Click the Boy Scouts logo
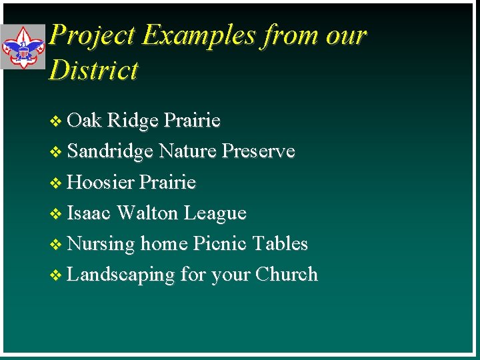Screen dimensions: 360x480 tap(23, 47)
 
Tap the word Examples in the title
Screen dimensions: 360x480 tap(198, 35)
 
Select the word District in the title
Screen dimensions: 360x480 tap(93, 70)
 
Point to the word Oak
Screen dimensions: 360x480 tap(85, 121)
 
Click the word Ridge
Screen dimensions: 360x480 tap(133, 121)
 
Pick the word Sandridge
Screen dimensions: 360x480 tap(111, 152)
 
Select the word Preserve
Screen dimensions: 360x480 tap(259, 151)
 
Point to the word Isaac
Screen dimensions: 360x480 tap(90, 213)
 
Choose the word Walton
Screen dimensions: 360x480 tap(147, 213)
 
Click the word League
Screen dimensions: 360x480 tap(215, 213)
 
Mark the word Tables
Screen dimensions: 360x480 tap(280, 244)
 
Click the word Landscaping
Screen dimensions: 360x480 tap(121, 275)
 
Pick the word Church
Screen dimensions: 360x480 tap(287, 275)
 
